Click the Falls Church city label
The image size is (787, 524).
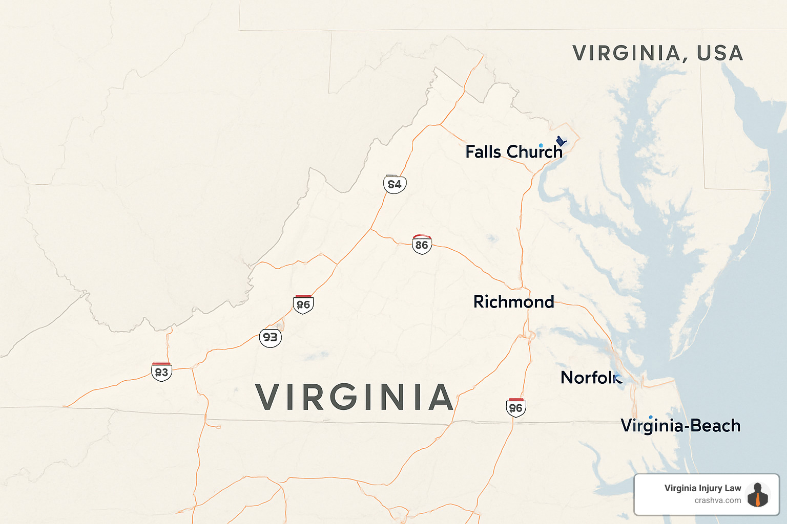(x=514, y=152)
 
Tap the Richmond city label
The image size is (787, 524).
(x=513, y=302)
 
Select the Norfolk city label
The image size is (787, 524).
(x=591, y=378)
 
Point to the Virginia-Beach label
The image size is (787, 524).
(x=680, y=426)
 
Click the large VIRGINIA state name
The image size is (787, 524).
(x=355, y=398)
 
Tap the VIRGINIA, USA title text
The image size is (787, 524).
(x=658, y=53)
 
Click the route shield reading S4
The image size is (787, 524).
(x=395, y=184)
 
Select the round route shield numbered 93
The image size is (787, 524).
(x=270, y=337)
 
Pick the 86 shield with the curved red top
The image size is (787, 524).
(x=422, y=245)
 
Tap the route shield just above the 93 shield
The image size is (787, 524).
(x=303, y=304)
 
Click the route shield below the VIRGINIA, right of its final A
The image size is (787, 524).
(x=515, y=408)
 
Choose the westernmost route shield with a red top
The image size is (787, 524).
(x=161, y=372)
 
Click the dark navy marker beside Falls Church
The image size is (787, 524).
(x=561, y=141)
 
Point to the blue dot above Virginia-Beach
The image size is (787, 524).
(x=651, y=417)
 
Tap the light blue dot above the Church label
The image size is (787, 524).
(x=541, y=146)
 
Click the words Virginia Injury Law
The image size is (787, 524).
(x=702, y=488)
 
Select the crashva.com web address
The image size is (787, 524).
(x=718, y=500)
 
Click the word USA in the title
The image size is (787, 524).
(x=720, y=53)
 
